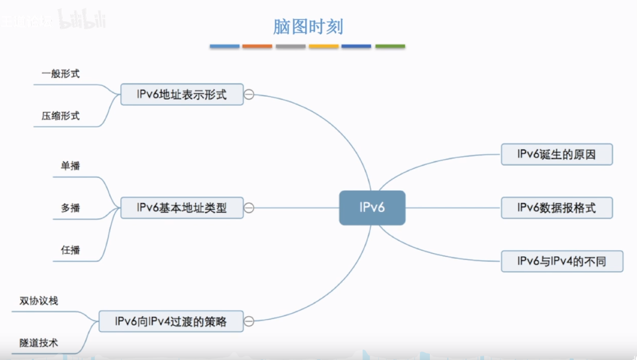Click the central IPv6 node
click(x=371, y=208)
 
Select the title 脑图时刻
click(x=308, y=27)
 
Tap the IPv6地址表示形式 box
click(x=181, y=94)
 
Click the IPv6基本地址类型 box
click(x=181, y=208)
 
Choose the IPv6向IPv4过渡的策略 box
click(x=171, y=321)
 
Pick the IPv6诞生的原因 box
click(x=556, y=154)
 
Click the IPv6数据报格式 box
click(x=556, y=208)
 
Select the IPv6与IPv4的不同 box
click(x=562, y=261)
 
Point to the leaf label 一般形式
click(x=61, y=74)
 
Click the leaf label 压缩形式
click(x=61, y=115)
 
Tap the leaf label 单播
click(x=71, y=166)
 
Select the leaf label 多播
click(x=71, y=208)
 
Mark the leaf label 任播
click(x=71, y=250)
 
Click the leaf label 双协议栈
click(x=39, y=300)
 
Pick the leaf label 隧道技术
click(x=39, y=342)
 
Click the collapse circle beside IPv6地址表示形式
click(x=248, y=94)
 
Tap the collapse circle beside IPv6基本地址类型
click(x=248, y=208)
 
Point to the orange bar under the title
click(x=257, y=46)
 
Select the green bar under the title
click(x=390, y=46)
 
